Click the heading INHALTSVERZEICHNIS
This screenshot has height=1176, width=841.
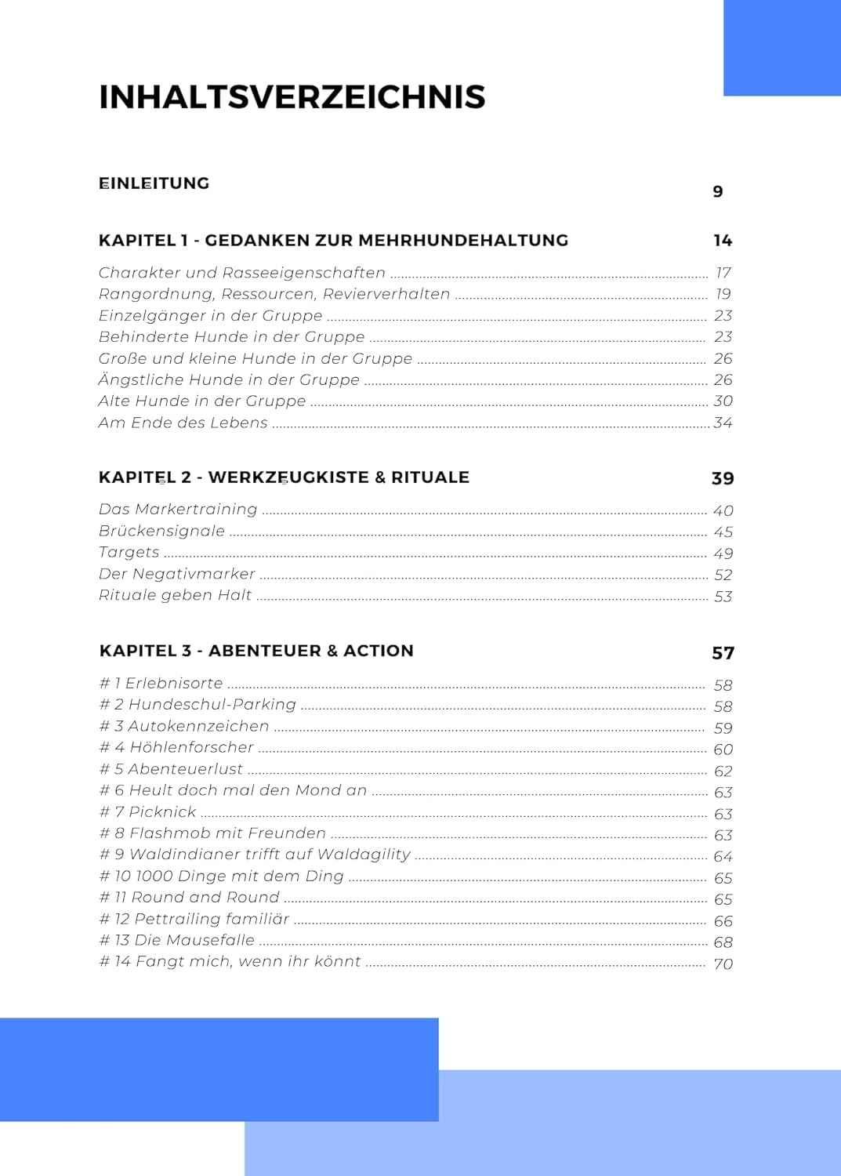[x=292, y=97]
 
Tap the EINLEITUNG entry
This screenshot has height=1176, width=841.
[x=154, y=183]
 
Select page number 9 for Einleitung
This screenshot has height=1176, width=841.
[x=717, y=192]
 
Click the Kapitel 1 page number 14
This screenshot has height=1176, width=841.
[x=722, y=241]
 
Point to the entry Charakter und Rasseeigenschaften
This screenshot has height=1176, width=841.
[x=241, y=273]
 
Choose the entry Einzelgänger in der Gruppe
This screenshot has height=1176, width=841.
[x=210, y=316]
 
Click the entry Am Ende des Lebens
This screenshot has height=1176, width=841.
[x=183, y=423]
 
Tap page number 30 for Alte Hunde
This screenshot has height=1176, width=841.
[x=723, y=401]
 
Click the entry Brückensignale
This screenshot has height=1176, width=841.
[x=161, y=532]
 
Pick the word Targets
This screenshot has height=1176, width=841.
[x=129, y=553]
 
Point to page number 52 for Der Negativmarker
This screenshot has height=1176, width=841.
[x=723, y=575]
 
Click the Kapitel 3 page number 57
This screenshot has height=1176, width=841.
[x=723, y=653]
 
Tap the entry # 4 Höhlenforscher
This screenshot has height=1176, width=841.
[x=176, y=748]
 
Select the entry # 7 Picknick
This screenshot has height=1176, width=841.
[x=147, y=812]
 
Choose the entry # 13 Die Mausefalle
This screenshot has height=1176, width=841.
[x=176, y=940]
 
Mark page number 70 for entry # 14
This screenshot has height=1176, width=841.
[x=723, y=964]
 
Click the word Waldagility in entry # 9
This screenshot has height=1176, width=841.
[x=364, y=855]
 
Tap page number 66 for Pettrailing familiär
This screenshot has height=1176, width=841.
[x=723, y=921]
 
